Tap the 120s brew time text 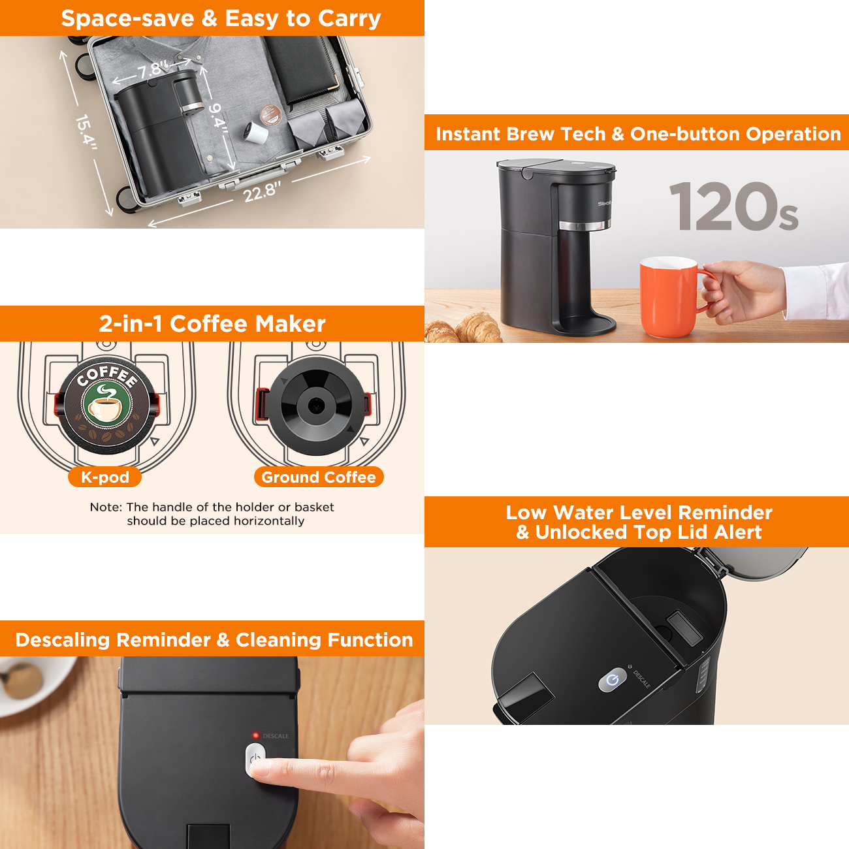(x=733, y=208)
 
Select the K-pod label (x=105, y=477)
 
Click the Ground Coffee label (x=319, y=477)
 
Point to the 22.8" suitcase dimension (x=262, y=192)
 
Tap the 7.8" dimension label (x=153, y=69)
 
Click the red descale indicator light (x=255, y=735)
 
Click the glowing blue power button (x=612, y=681)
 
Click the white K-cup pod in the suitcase (x=256, y=133)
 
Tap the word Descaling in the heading (x=58, y=639)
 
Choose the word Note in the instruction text (x=105, y=507)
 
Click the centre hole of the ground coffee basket (x=316, y=405)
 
